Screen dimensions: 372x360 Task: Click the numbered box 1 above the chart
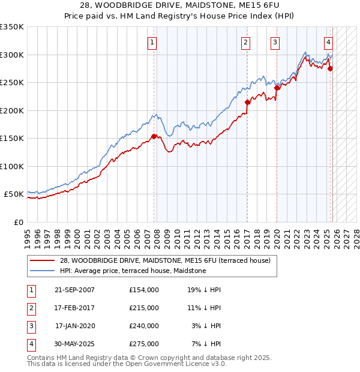152,42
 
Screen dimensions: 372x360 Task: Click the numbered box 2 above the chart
246,42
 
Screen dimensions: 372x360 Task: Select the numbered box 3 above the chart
275,42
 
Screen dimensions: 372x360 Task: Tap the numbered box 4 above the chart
329,42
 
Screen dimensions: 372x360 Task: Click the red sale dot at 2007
154,136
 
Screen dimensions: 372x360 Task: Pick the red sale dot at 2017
247,102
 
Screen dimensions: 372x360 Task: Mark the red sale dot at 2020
277,88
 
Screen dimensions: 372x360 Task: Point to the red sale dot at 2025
331,68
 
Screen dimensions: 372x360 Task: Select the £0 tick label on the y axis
18,222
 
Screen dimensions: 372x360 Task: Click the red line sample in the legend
43,260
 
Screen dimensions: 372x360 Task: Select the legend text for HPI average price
133,271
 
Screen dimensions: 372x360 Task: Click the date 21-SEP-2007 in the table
74,289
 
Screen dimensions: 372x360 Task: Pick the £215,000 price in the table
143,307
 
